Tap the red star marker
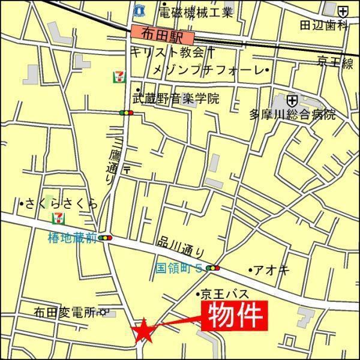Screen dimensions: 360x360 point(144,332)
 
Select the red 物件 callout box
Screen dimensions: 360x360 point(235,316)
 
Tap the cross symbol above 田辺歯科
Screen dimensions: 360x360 point(342,11)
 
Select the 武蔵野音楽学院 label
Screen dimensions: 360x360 point(175,98)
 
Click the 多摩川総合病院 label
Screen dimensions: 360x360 point(293,115)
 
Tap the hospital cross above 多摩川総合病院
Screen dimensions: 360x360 point(292,100)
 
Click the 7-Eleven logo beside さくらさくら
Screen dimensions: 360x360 point(59,217)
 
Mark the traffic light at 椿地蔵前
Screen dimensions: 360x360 point(107,238)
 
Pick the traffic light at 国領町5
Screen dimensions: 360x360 point(212,268)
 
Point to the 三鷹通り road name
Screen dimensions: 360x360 point(110,160)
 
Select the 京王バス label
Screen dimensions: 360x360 point(223,294)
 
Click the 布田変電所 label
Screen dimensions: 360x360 point(65,312)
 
